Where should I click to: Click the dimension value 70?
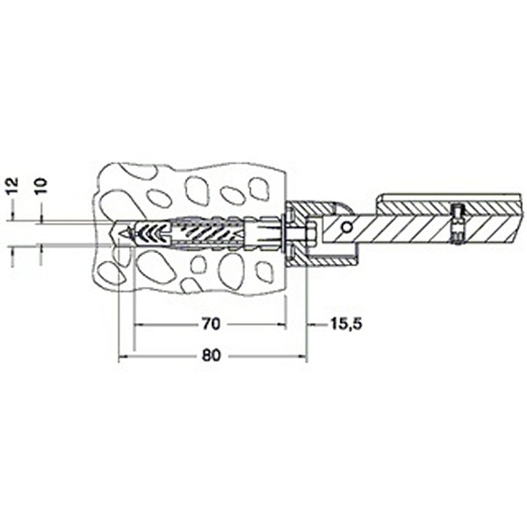pyautogui.click(x=211, y=324)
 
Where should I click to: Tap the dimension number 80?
pyautogui.click(x=211, y=355)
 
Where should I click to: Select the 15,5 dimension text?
pyautogui.click(x=347, y=324)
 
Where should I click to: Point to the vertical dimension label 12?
pyautogui.click(x=13, y=186)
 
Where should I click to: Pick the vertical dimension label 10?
pyautogui.click(x=42, y=186)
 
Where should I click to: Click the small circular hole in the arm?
pyautogui.click(x=347, y=228)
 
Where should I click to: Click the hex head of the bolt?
pyautogui.click(x=311, y=233)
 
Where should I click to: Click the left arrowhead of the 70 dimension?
pyautogui.click(x=138, y=325)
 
